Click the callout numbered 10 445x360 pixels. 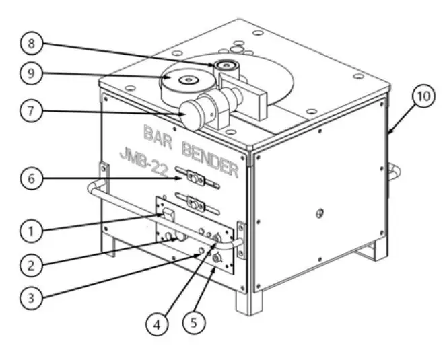point(423,96)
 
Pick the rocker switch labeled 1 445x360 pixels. point(170,215)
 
